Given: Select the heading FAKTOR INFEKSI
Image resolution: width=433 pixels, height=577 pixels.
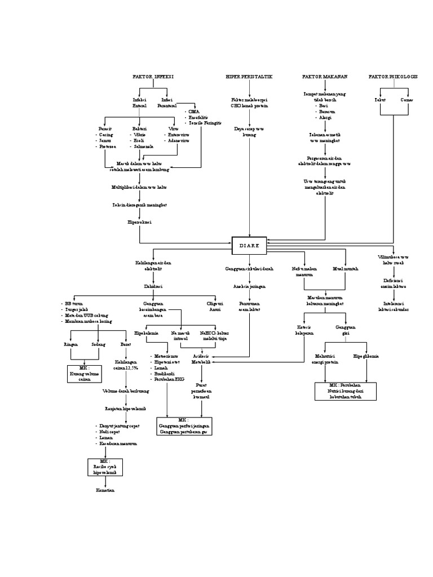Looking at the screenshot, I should [x=153, y=76].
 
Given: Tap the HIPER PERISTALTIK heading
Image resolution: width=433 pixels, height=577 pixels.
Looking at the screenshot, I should [x=249, y=76].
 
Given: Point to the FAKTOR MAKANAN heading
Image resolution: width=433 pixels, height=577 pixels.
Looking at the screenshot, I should [x=325, y=76].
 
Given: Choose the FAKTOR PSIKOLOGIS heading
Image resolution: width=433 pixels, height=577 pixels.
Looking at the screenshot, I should [x=393, y=76].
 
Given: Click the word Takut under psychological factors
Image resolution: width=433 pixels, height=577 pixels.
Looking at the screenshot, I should [x=381, y=100].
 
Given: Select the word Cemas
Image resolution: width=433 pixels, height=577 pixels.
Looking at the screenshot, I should [x=407, y=100].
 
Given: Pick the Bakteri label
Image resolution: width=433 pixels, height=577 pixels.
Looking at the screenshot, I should [x=139, y=128].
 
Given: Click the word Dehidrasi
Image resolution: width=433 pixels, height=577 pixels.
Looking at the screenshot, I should [x=153, y=286].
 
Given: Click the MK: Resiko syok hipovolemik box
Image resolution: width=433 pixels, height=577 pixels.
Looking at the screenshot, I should [x=104, y=467].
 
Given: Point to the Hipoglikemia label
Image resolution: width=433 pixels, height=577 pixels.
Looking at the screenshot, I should [x=366, y=357].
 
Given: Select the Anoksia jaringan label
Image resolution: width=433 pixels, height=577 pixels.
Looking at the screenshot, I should [x=249, y=286].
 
